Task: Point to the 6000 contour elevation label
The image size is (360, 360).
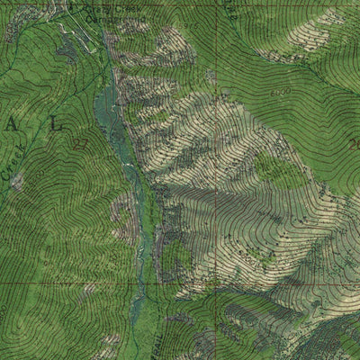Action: click(280, 94)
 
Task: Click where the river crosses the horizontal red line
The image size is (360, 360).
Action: click(137, 283)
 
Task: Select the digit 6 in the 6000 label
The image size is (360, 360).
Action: click(273, 94)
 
